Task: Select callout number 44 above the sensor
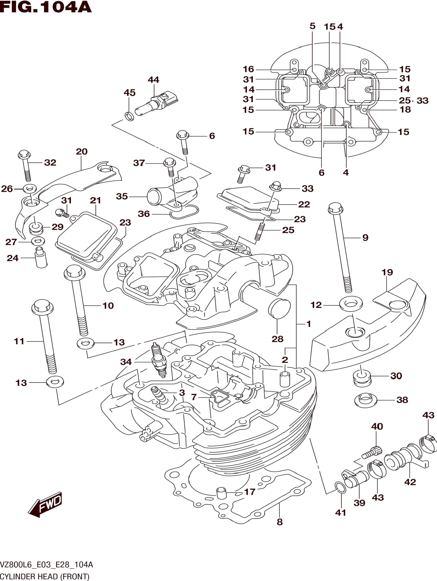tap(153, 80)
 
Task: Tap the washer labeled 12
tap(351, 303)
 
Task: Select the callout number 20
tap(82, 151)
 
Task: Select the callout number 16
tap(248, 69)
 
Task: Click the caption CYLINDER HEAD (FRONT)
tap(45, 577)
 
